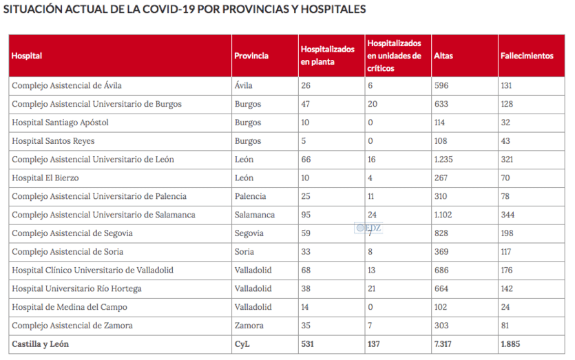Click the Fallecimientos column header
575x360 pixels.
click(526, 56)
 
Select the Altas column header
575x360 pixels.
click(443, 56)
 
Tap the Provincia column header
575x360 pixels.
click(251, 56)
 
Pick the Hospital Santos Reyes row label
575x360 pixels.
click(53, 141)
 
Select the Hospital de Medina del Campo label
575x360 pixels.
click(70, 307)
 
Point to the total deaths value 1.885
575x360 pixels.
click(512, 343)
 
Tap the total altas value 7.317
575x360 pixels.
click(444, 343)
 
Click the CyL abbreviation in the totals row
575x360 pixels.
click(242, 343)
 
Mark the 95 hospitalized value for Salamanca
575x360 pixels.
click(306, 215)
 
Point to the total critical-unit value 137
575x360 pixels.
click(375, 343)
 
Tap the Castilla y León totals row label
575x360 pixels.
click(41, 343)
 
